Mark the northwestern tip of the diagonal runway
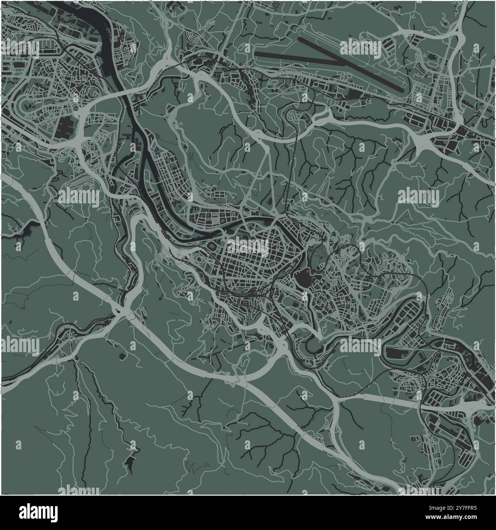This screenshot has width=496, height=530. click(x=301, y=39)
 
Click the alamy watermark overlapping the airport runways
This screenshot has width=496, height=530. click(x=360, y=48)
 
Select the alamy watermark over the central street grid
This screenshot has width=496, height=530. click(x=248, y=247)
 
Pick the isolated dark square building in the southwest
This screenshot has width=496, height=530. click(x=122, y=356)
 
